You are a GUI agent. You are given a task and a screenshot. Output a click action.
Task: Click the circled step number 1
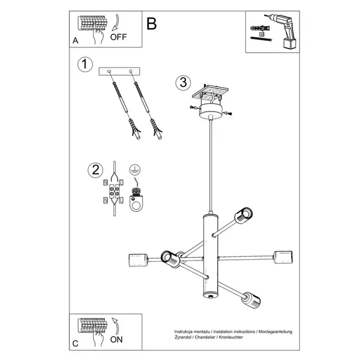tap(86, 64)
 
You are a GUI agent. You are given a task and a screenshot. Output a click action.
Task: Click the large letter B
tap(151, 23)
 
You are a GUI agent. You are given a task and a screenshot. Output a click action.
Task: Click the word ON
tap(118, 340)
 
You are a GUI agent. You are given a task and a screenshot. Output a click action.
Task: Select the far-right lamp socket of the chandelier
tap(281, 256)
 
